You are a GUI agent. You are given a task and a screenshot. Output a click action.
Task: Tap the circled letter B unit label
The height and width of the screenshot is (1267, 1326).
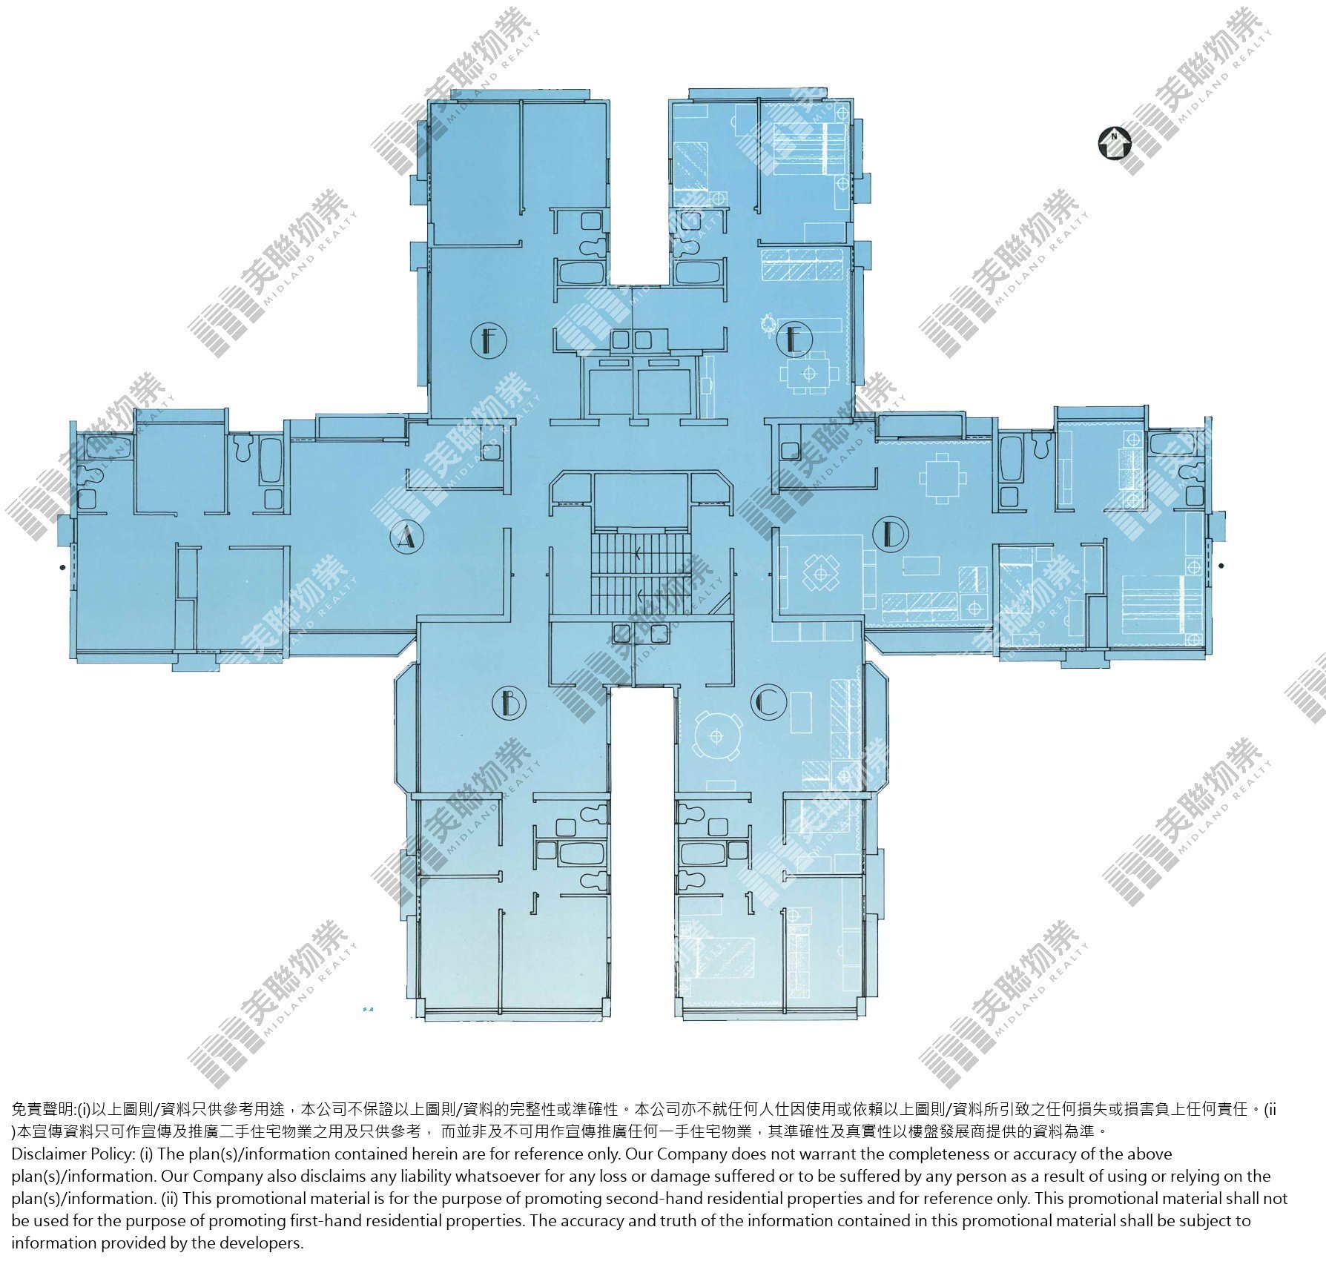pos(509,701)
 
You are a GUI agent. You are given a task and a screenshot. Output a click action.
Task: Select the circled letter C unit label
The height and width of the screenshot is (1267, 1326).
pos(767,701)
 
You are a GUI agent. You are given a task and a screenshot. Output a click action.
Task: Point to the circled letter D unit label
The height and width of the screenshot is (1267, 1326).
pos(891,533)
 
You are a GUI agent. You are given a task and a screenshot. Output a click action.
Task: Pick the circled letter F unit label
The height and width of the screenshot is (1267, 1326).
pos(488,341)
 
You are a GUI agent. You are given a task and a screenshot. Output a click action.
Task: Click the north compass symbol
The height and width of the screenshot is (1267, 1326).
pos(1113,143)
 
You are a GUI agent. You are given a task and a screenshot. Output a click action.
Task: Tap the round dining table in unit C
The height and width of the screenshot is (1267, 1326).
pos(716,735)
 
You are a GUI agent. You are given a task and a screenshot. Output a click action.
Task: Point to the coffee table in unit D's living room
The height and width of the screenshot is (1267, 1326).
pos(921,565)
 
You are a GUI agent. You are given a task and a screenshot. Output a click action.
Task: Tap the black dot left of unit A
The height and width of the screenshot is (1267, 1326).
pos(62,568)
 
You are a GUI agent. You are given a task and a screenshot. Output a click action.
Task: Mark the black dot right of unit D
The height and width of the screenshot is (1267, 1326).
pos(1221,566)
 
